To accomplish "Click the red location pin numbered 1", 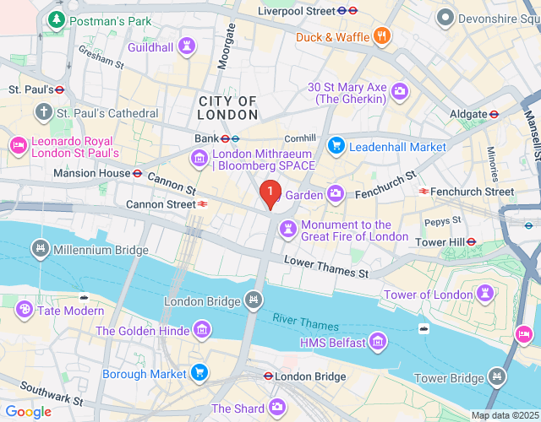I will pos(270,194).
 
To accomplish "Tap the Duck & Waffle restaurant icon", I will pos(382,36).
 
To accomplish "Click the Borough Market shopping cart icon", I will pos(199,373).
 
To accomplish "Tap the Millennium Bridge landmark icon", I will pos(39,250).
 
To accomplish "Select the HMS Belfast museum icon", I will pos(379,343).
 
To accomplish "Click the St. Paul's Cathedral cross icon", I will pos(44,112).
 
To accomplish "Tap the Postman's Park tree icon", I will pos(57,19).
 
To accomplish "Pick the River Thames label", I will pos(305,321).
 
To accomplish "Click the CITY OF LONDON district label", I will pos(227,108).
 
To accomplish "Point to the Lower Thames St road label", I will pos(326,268).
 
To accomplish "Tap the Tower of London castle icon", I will pos(485,294).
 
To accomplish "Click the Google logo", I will pos(28,412).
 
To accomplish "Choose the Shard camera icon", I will pos(277,408).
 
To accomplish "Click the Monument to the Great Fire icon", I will pos(288,230).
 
